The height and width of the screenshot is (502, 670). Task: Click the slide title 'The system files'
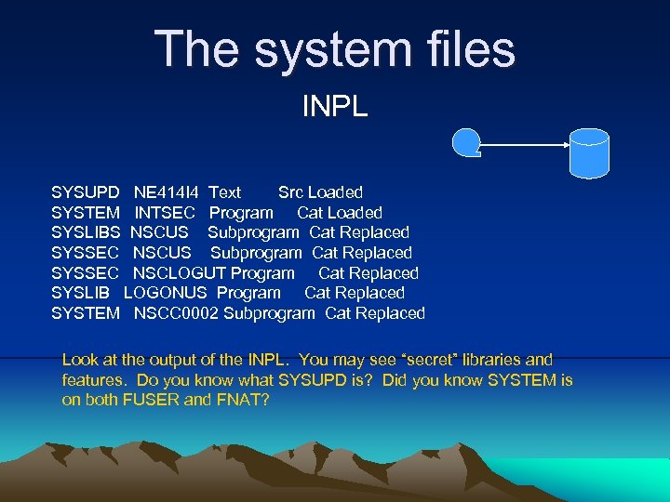click(x=335, y=49)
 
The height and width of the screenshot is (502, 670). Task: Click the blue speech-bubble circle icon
click(x=466, y=143)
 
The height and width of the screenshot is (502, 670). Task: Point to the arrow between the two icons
click(x=526, y=145)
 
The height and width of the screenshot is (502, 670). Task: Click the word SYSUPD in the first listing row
click(x=86, y=192)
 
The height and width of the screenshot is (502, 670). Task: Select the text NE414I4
click(x=166, y=192)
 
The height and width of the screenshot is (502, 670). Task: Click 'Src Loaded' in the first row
click(x=320, y=192)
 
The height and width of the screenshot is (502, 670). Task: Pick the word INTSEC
click(x=165, y=213)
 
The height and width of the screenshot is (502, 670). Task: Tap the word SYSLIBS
click(x=87, y=232)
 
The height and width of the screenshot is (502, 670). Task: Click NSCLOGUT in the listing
click(x=180, y=273)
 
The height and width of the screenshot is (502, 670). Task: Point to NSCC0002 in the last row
click(x=176, y=313)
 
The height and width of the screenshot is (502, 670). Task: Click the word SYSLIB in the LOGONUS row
click(x=81, y=293)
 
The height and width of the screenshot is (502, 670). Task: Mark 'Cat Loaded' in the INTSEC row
click(x=340, y=213)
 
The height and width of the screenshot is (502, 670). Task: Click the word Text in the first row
click(x=224, y=192)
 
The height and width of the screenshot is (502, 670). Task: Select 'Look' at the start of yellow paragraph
click(x=79, y=359)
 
